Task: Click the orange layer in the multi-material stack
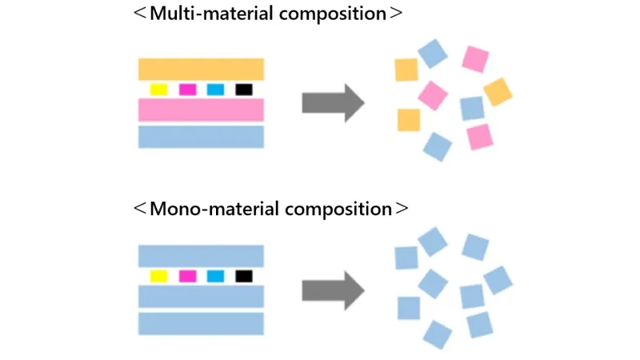pos(201,69)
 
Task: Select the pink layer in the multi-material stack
pos(201,110)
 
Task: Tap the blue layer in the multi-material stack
pos(201,137)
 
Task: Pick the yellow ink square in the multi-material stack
pos(158,90)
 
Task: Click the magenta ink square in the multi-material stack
pos(187,90)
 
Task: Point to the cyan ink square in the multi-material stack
pos(215,90)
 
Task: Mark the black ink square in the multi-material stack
pos(244,90)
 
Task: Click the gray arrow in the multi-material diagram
pos(333,102)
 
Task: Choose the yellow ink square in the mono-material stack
pos(158,276)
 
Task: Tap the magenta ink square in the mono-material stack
pos(187,276)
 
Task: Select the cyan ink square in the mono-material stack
pos(215,276)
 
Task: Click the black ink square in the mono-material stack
pos(244,276)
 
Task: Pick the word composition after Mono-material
pos(336,209)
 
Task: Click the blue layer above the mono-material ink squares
pos(201,256)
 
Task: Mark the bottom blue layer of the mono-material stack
pos(201,323)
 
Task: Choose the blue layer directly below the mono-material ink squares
pos(201,297)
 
